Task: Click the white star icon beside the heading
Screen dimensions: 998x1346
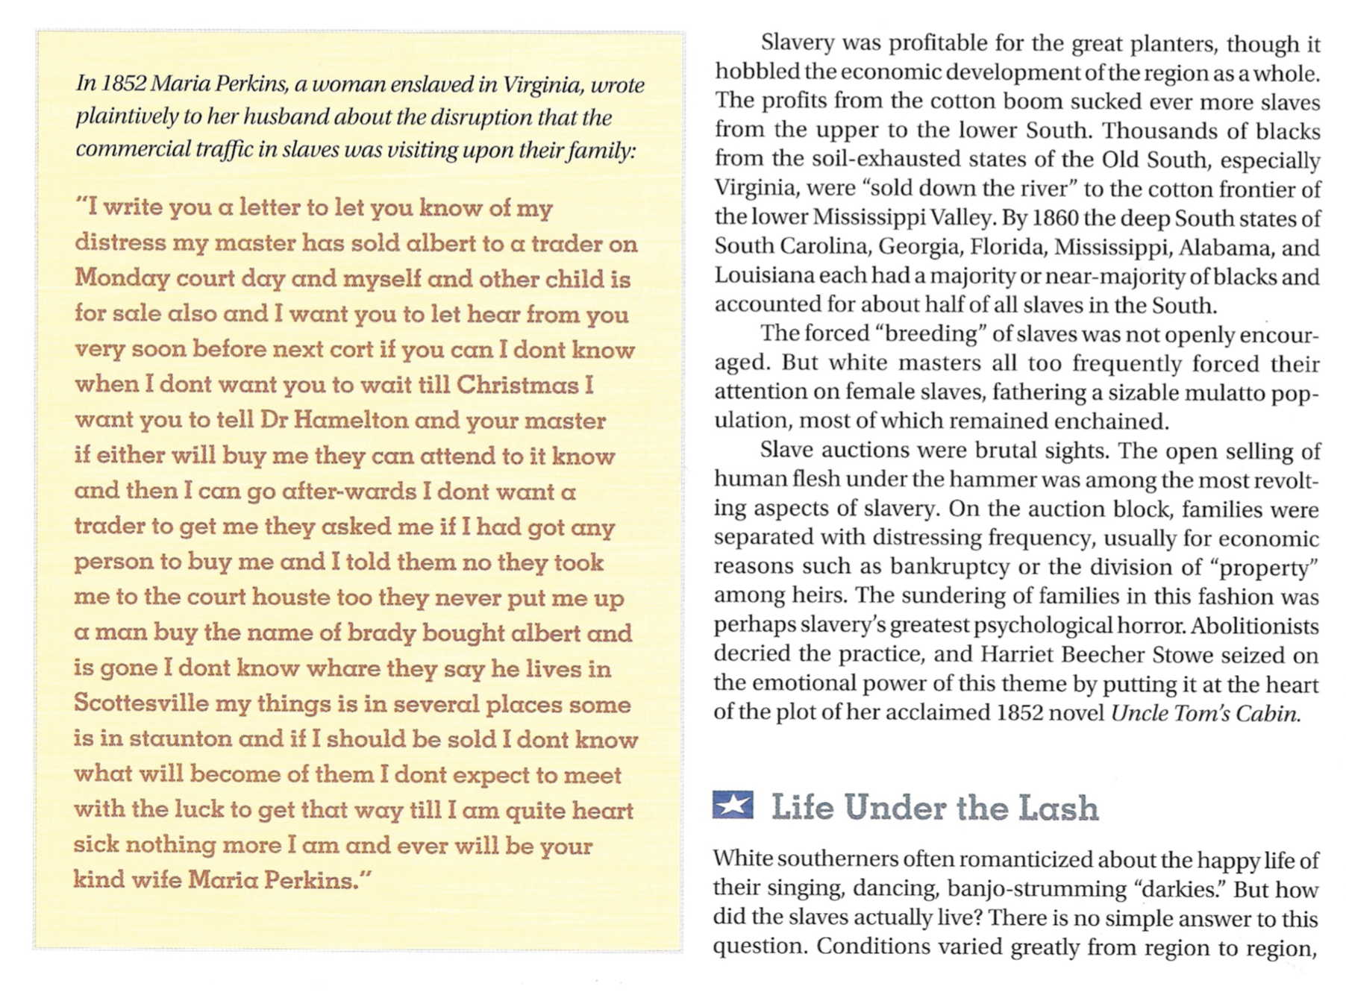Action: pyautogui.click(x=733, y=805)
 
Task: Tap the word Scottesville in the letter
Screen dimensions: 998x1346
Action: pyautogui.click(x=141, y=703)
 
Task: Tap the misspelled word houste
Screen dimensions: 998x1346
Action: pyautogui.click(x=290, y=597)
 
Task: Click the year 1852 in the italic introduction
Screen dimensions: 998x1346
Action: pyautogui.click(x=123, y=84)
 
